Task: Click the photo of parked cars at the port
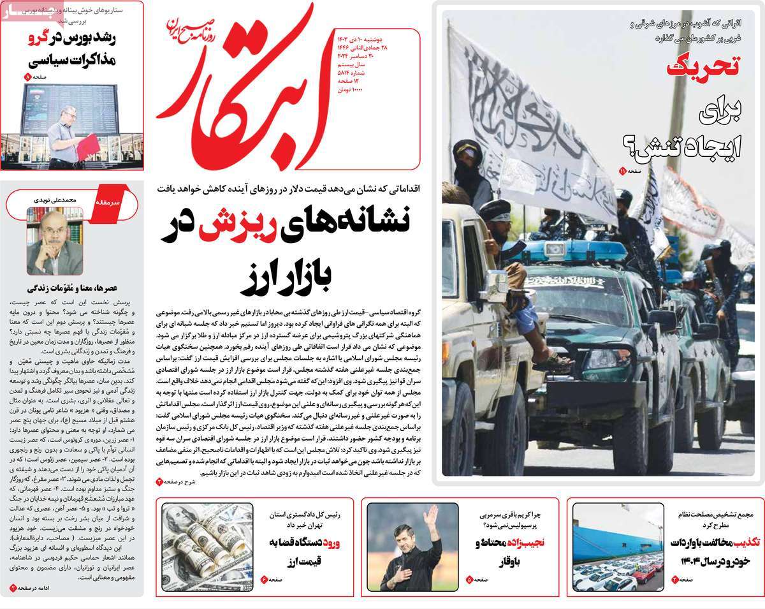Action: pos(618,547)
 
